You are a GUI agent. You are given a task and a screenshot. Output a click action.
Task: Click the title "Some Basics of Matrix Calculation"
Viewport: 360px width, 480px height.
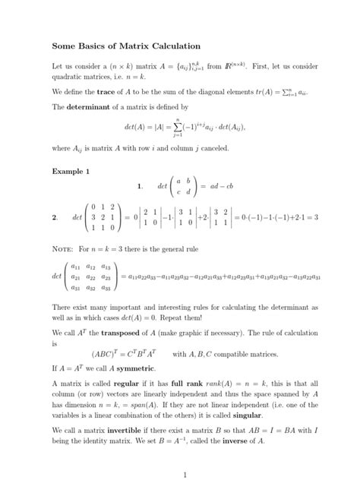click(x=125, y=47)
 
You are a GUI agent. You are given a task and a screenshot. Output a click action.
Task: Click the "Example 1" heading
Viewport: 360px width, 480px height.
click(x=71, y=172)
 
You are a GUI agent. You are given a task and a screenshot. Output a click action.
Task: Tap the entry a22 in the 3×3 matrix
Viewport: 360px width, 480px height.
click(x=91, y=277)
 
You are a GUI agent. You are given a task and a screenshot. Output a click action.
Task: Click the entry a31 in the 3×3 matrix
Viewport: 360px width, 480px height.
click(x=76, y=288)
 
